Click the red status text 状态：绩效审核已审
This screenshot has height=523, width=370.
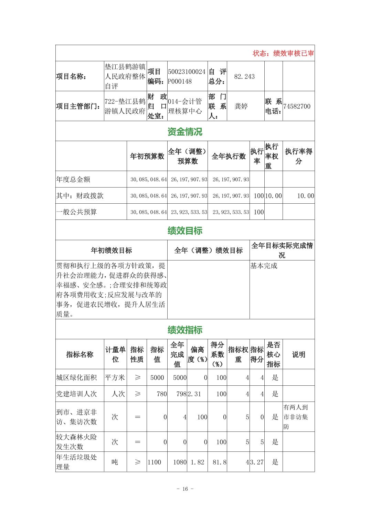coord(283,53)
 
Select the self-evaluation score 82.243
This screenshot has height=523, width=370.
coord(244,76)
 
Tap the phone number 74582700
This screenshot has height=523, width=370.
coord(297,106)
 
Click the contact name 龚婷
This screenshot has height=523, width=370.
coord(241,106)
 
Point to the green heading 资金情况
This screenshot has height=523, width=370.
coord(185,131)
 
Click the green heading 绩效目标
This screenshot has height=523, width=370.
coord(185,231)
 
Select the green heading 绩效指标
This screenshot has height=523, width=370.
coord(185,330)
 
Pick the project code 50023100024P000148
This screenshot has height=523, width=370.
coord(187,76)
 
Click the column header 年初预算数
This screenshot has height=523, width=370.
coord(147,156)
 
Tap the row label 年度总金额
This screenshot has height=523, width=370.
coord(73,179)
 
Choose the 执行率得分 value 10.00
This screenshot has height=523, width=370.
coord(306,196)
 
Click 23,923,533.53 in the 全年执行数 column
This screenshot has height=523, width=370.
coord(231,212)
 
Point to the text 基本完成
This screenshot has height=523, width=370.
coord(264,266)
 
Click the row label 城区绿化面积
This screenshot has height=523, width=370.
coord(76,377)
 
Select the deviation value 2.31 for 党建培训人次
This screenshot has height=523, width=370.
coord(194,394)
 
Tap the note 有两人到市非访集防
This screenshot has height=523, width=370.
coord(296,417)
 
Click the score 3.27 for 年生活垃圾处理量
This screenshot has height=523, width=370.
coord(257,462)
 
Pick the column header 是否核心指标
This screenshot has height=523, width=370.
coord(274,354)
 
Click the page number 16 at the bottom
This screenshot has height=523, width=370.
coord(185,489)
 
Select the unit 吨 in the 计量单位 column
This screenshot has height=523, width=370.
coord(115,462)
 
